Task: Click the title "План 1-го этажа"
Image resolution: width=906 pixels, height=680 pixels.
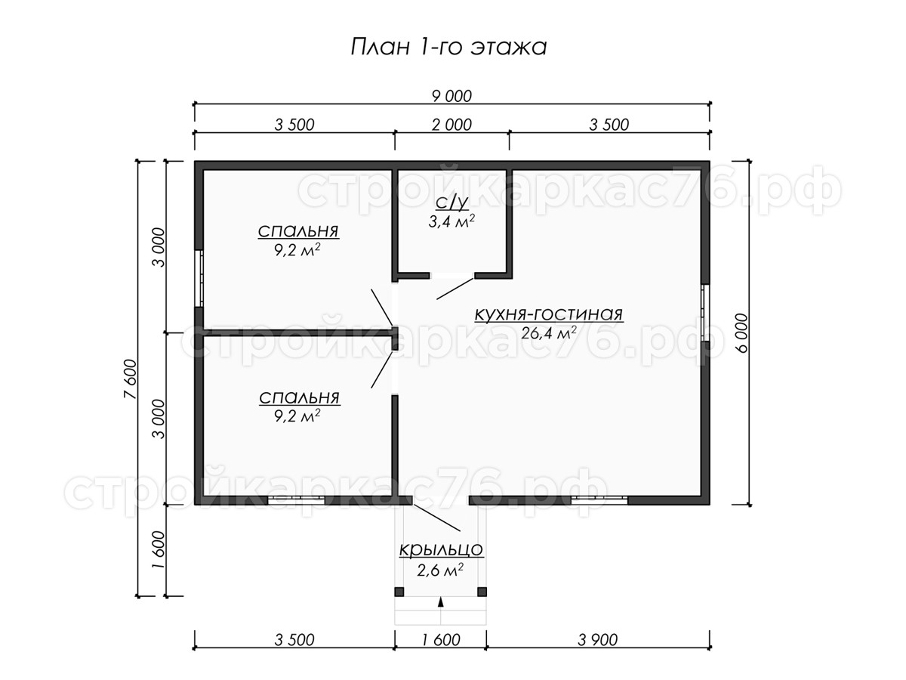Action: tap(448, 47)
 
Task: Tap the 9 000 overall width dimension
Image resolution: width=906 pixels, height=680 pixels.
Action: tap(451, 96)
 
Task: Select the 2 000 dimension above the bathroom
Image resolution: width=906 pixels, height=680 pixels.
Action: tap(451, 125)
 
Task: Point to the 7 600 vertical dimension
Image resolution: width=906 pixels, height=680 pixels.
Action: tap(130, 379)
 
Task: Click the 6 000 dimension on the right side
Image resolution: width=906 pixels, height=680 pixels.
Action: tap(741, 332)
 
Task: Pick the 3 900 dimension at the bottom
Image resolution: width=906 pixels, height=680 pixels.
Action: tap(598, 640)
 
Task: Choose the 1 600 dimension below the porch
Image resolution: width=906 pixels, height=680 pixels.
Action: tap(441, 640)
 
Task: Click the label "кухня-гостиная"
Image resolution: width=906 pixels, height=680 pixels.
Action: tap(549, 314)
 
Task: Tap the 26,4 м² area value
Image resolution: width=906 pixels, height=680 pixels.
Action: tap(549, 332)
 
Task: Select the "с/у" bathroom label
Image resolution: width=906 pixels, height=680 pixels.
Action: tap(452, 202)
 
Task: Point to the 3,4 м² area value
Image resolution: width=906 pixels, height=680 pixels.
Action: tap(451, 221)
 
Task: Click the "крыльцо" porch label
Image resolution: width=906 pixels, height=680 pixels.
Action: tap(441, 549)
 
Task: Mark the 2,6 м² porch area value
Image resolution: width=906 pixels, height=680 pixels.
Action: tap(440, 570)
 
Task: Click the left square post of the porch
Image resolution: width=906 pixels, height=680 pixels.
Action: tap(399, 592)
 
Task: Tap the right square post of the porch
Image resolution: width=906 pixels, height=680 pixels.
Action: tap(482, 592)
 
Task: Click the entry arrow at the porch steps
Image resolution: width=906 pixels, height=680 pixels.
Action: tap(441, 602)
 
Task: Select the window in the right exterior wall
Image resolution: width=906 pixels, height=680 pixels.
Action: tap(705, 313)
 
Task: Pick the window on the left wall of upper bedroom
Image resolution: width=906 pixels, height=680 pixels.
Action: tap(199, 279)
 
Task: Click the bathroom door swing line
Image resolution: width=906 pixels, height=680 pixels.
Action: tap(455, 289)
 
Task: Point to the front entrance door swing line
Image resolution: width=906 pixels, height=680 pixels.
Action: tap(436, 518)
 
